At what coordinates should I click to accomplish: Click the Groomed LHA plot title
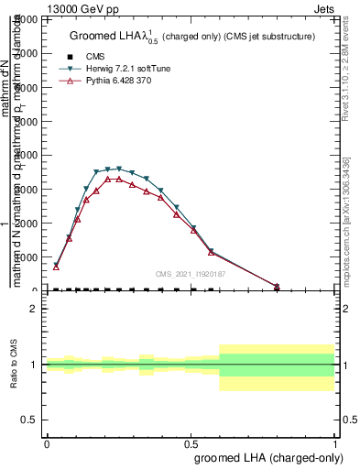(x=192, y=37)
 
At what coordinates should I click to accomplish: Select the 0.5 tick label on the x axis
(x=191, y=442)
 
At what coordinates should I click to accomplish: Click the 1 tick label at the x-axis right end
(x=335, y=442)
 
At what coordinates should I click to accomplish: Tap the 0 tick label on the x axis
(x=47, y=442)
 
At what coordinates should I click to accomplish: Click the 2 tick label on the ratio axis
(x=34, y=309)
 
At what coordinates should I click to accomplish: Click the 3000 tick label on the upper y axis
(x=25, y=189)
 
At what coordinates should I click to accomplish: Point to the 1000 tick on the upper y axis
(x=25, y=256)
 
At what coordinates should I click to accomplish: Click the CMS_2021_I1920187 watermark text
(x=190, y=274)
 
